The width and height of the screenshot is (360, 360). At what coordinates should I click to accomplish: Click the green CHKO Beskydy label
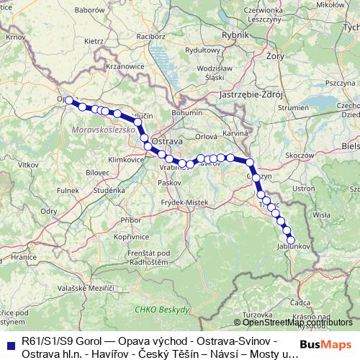tap(162, 309)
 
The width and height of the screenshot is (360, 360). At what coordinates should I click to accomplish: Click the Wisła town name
tap(321, 214)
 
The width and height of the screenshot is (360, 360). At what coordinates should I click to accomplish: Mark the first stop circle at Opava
tap(70, 101)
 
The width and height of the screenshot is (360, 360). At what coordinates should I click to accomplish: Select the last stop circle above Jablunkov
tap(291, 240)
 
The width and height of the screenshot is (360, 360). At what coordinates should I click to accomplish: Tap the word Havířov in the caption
tap(104, 354)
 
